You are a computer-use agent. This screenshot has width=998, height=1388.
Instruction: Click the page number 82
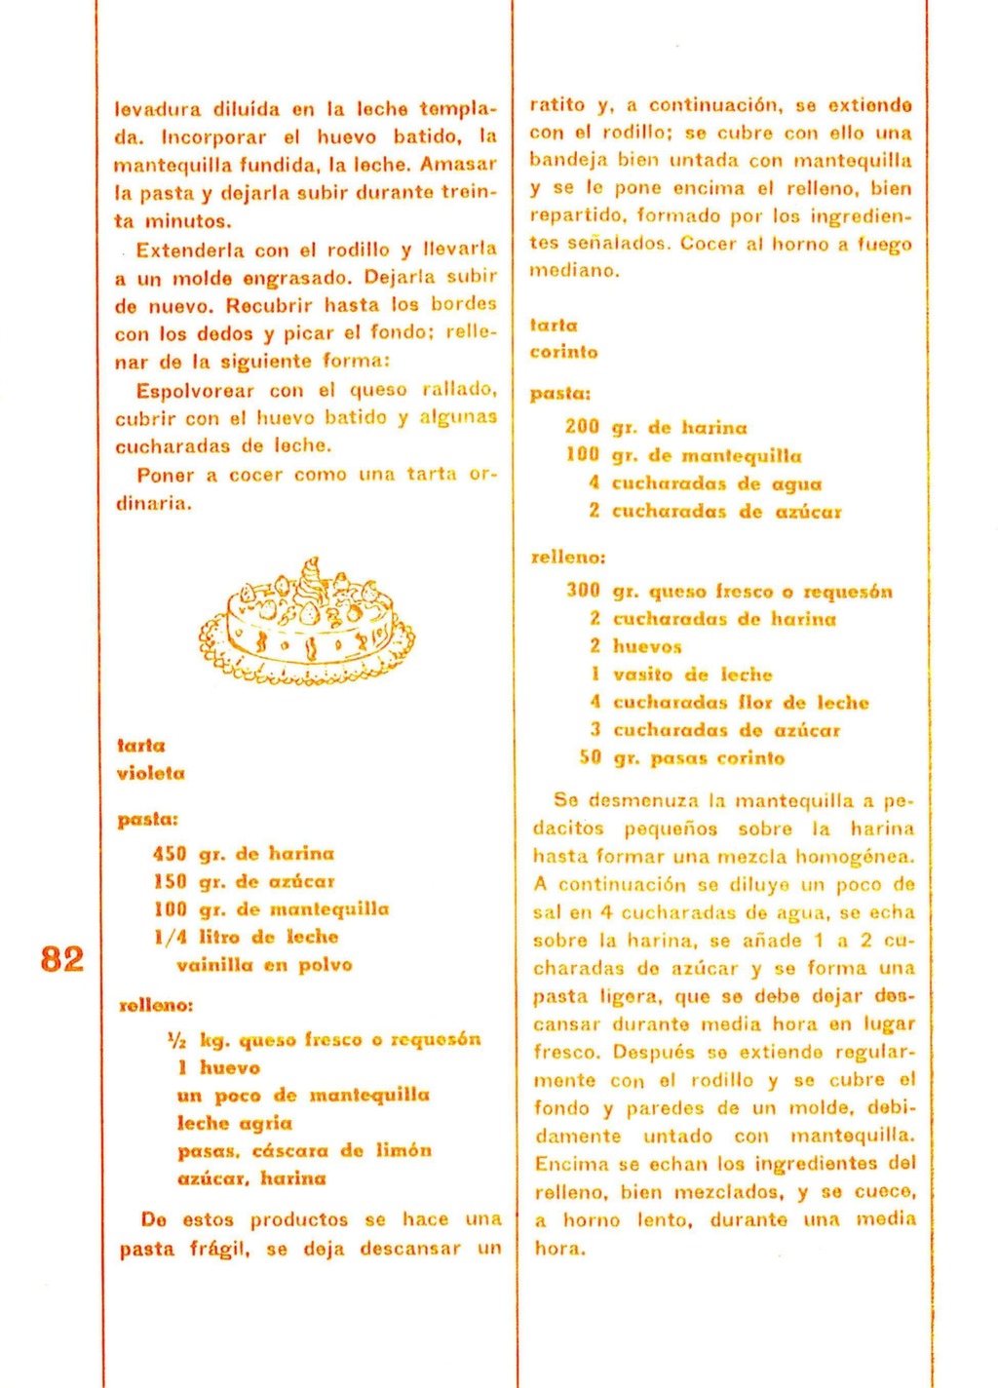62,959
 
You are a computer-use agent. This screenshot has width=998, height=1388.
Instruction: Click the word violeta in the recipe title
151,774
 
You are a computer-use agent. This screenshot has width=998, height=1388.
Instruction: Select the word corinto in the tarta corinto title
564,352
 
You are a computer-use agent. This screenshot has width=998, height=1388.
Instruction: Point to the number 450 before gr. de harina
170,854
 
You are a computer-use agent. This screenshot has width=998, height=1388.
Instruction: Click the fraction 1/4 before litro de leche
170,938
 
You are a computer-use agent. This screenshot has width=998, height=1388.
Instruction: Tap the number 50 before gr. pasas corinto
591,758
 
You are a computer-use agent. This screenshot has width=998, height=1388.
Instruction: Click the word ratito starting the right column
557,104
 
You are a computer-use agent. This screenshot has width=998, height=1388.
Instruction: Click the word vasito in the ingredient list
643,675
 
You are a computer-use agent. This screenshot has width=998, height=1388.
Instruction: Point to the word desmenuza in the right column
644,801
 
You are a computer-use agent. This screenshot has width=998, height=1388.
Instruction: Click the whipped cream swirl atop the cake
311,575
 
